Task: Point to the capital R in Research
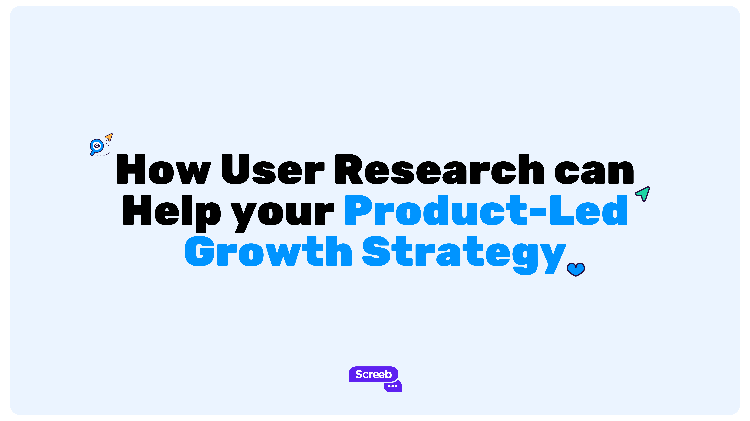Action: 348,169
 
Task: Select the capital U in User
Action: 235,169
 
